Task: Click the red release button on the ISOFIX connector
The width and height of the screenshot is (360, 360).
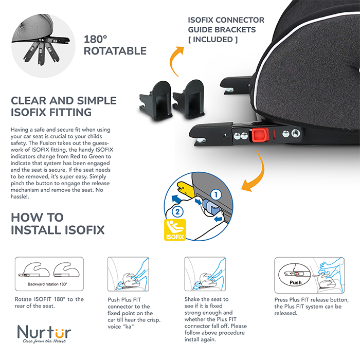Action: click(x=260, y=135)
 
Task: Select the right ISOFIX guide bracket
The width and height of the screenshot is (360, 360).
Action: click(x=189, y=99)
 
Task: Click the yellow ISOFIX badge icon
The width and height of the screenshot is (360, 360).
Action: click(x=175, y=230)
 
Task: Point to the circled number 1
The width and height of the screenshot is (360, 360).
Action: click(x=216, y=195)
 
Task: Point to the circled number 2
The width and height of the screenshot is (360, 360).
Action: click(x=177, y=211)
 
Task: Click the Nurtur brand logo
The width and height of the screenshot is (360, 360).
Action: click(x=44, y=334)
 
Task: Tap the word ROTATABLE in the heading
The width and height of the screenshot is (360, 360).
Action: click(x=115, y=51)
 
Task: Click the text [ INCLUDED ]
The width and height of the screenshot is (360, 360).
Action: click(x=213, y=40)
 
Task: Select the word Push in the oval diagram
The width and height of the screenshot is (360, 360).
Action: click(x=296, y=282)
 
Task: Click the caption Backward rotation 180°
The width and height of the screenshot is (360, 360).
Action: click(x=47, y=284)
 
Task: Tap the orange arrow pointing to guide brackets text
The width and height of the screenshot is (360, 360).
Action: click(x=175, y=60)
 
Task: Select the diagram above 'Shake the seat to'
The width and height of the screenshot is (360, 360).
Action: click(x=205, y=274)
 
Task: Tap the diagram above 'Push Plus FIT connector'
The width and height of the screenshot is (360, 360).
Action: click(x=129, y=274)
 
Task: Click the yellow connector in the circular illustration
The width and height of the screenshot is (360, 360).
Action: click(x=185, y=189)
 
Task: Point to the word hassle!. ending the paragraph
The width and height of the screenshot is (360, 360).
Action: click(x=20, y=197)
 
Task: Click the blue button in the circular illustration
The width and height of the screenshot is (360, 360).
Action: click(x=211, y=206)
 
